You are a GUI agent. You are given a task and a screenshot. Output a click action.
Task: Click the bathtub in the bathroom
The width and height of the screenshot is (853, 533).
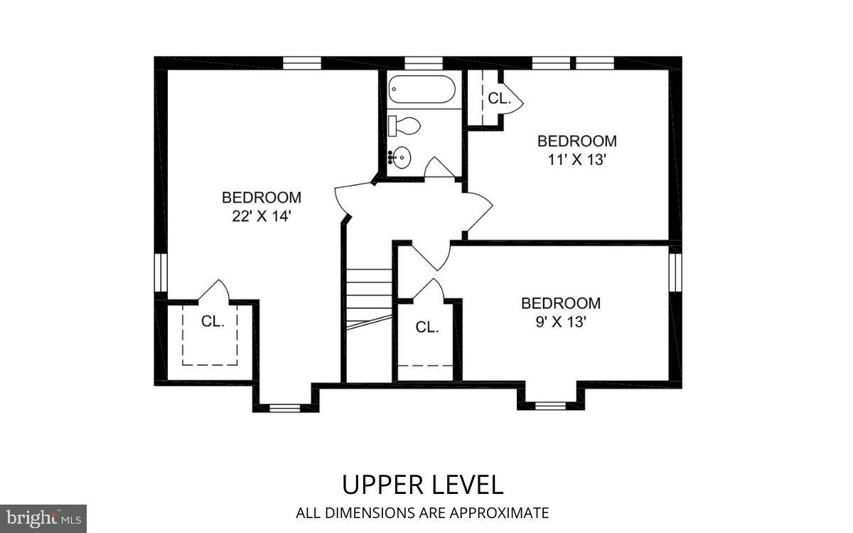coord(421,90)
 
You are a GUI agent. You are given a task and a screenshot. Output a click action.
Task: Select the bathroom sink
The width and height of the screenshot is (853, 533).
coord(402,155)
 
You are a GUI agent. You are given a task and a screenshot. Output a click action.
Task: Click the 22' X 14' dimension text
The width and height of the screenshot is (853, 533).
coord(262,217)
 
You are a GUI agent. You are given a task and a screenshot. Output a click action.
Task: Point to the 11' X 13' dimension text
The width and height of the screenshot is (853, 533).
coord(576,160)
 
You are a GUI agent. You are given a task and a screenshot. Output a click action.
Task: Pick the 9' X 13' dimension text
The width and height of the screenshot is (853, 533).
coord(561,322)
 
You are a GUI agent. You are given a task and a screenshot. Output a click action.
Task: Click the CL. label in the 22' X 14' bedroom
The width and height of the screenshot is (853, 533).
coord(213,321)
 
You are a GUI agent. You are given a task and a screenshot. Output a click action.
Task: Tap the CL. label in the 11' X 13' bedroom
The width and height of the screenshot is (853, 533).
coord(499,99)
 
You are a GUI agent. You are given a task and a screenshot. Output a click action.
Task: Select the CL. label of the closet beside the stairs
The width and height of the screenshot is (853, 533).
coord(426,327)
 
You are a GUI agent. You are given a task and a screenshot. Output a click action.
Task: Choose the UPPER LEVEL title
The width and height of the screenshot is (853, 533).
coord(422,485)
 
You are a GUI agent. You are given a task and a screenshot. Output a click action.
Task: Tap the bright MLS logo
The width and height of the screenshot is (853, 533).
coord(43,517)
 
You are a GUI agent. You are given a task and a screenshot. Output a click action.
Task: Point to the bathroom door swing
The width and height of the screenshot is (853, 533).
coord(438,168)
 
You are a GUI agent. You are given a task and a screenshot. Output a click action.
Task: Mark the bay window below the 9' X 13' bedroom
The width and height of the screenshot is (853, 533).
coord(549,406)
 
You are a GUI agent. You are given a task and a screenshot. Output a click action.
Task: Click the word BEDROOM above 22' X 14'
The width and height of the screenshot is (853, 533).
coord(262,198)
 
